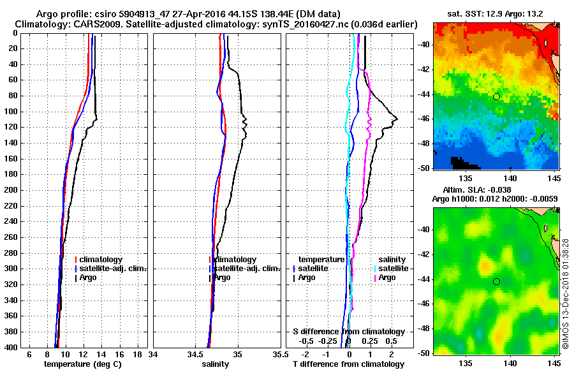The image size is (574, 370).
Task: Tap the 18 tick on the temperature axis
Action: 136,354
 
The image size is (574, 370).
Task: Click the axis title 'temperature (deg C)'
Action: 82,364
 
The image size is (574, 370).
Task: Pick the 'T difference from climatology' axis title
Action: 348,364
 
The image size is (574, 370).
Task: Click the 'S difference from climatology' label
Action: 348,332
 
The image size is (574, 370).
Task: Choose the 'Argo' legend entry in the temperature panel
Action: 89,277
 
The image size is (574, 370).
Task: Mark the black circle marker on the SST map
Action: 496,96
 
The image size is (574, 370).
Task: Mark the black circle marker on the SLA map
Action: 496,281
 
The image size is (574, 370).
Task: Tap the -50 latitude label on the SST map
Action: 423,168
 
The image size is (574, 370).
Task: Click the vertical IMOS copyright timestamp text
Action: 565,293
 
